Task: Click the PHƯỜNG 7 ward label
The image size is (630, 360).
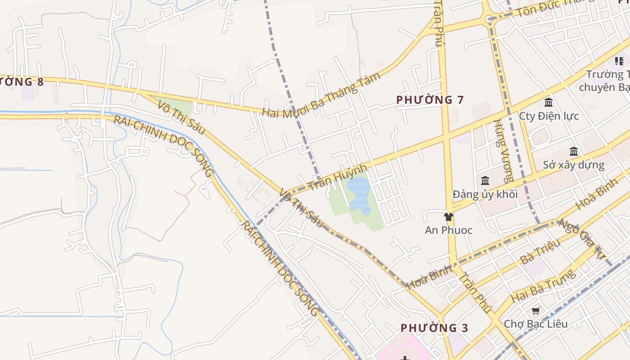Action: [x=430, y=100]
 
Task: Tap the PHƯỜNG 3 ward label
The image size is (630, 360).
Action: [x=434, y=328]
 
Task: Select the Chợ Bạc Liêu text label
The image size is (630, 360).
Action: [x=535, y=324]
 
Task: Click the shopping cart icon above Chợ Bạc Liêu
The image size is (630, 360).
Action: [x=535, y=311]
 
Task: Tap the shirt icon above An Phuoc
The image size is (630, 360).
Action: [x=448, y=217]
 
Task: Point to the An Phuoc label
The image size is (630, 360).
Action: [x=448, y=230]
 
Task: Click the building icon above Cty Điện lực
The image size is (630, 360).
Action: [x=549, y=103]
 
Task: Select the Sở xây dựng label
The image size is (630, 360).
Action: [x=573, y=165]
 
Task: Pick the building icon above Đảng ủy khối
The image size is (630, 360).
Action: [x=485, y=181]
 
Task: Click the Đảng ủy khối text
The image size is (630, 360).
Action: [x=485, y=194]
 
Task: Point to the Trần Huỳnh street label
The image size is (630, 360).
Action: [x=337, y=177]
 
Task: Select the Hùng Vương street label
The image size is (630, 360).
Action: [x=503, y=151]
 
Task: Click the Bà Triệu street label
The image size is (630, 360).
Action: [x=540, y=252]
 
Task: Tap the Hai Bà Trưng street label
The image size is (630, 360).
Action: [x=543, y=285]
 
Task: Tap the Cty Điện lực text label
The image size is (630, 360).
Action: [x=549, y=116]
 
